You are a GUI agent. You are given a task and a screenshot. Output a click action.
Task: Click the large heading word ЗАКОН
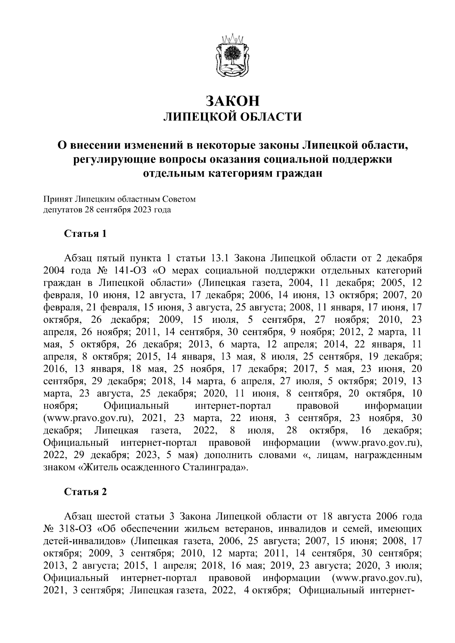click(x=232, y=101)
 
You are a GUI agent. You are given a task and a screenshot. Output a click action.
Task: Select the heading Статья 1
click(x=85, y=233)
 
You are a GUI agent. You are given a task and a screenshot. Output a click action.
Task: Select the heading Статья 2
click(x=85, y=492)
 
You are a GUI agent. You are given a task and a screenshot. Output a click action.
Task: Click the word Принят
click(x=57, y=199)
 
